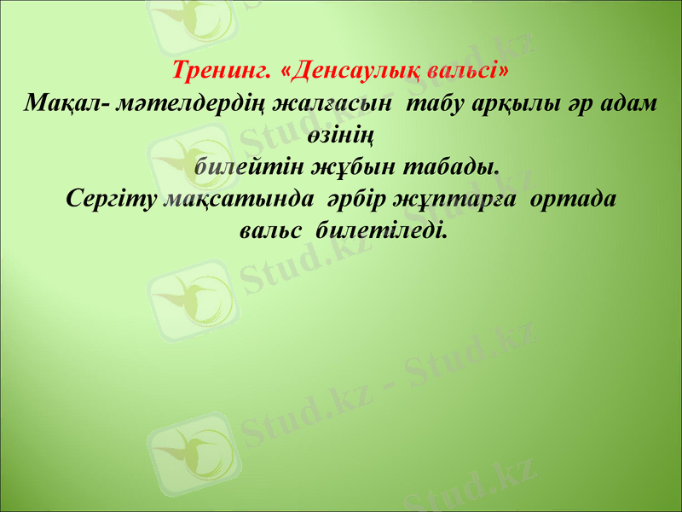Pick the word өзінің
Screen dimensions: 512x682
341,136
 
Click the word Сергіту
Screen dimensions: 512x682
110,198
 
